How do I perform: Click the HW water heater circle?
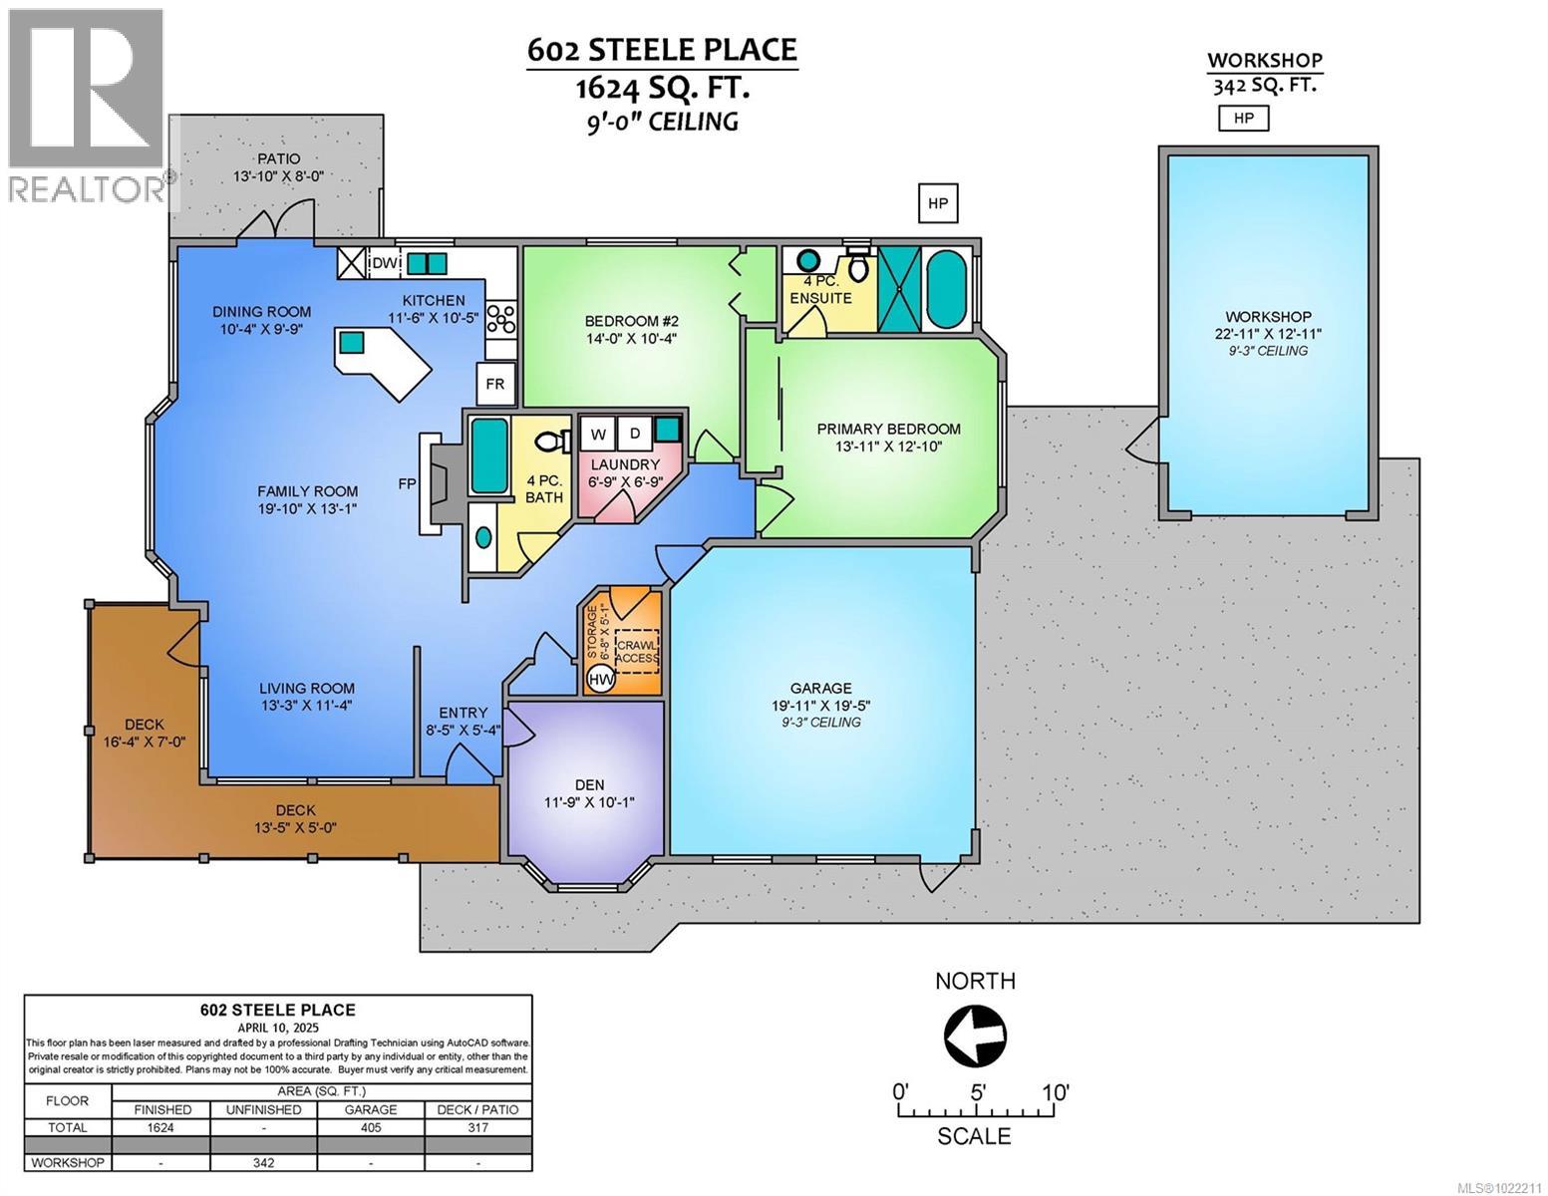600,679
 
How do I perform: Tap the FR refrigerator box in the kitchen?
495,384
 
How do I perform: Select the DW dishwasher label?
385,263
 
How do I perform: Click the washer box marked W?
598,434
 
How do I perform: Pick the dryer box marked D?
634,434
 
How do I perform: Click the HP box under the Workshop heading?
1244,119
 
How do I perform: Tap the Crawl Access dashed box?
637,651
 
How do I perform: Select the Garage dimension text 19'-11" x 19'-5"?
820,705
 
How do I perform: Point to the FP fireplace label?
407,483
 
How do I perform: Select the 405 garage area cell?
371,1127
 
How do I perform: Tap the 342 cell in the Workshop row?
264,1162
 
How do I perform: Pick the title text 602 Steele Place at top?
662,51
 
